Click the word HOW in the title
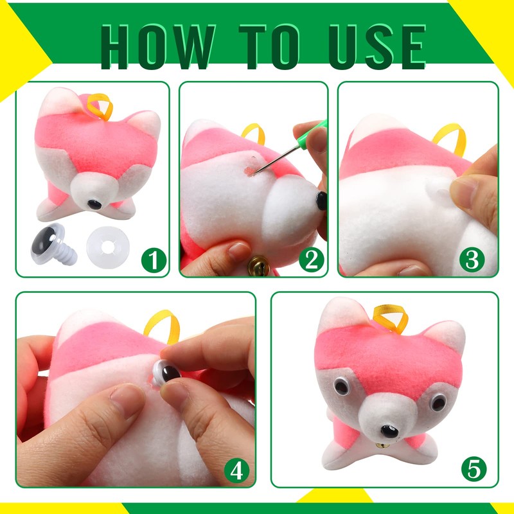point(158,46)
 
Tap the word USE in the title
point(377,46)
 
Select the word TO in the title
point(269,46)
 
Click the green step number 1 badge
point(154,261)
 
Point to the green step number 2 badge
point(312,260)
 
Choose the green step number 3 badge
point(472,260)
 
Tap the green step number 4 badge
point(236,471)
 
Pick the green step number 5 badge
point(474,469)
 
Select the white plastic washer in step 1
point(108,247)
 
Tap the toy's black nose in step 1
point(94,204)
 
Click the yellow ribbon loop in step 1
point(101,106)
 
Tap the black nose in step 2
point(322,201)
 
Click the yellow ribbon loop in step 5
point(391,319)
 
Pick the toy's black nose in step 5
point(389,431)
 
